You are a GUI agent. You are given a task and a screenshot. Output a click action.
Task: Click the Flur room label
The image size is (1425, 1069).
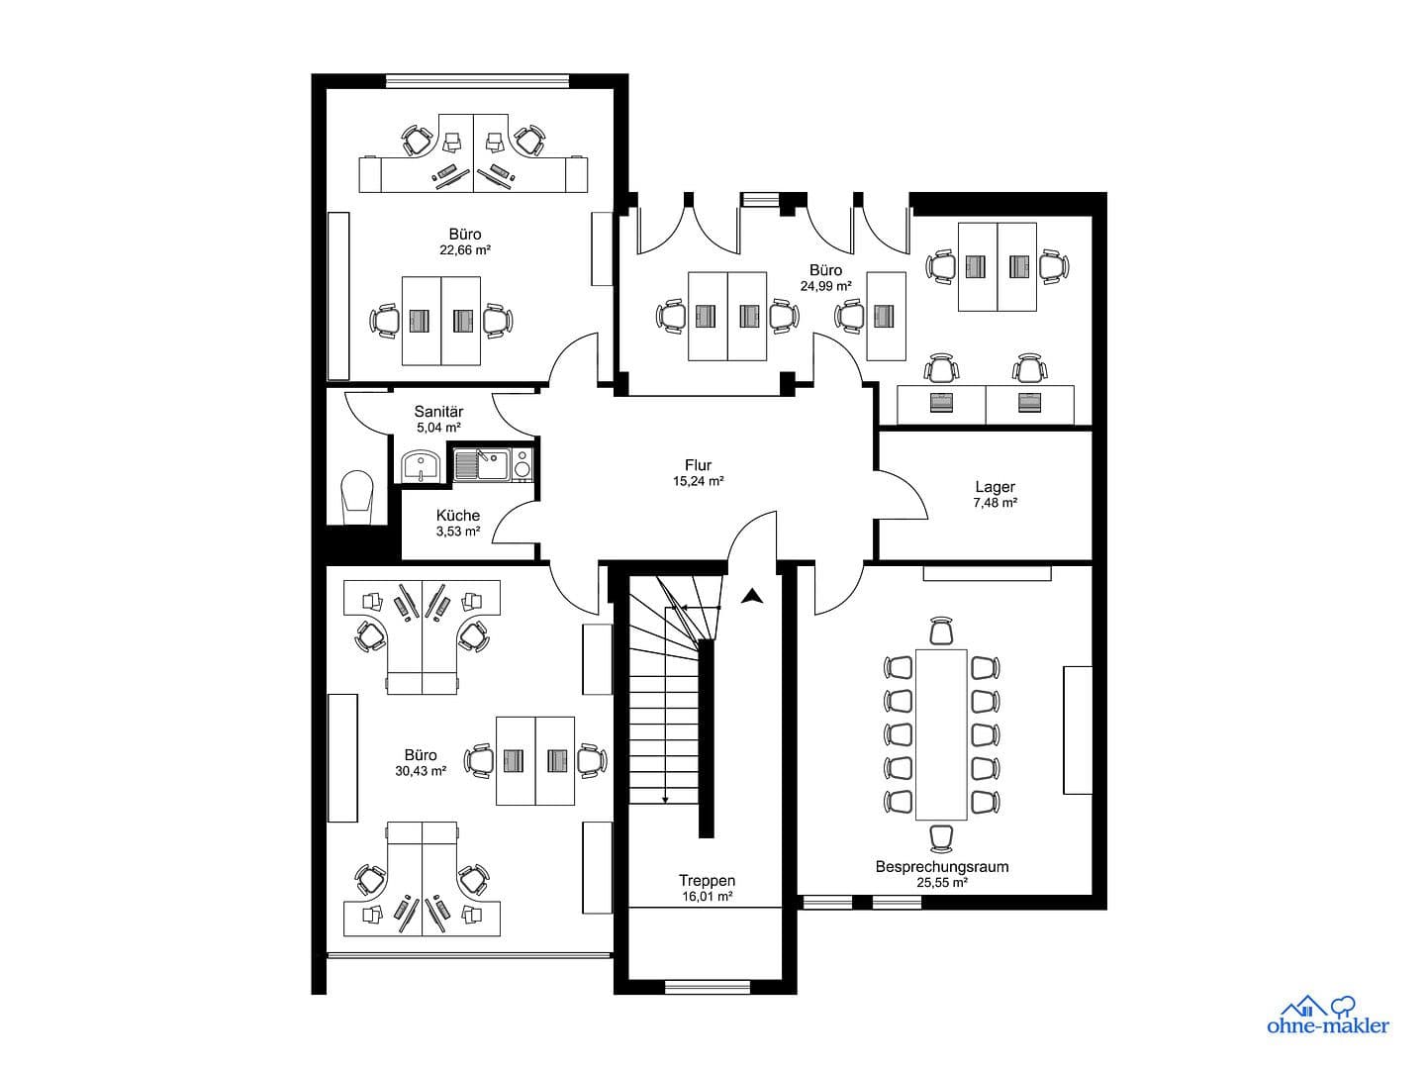pyautogui.click(x=698, y=465)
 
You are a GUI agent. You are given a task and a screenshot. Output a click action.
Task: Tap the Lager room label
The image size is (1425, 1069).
pyautogui.click(x=995, y=487)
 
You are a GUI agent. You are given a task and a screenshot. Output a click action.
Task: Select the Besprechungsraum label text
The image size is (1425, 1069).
pyautogui.click(x=941, y=866)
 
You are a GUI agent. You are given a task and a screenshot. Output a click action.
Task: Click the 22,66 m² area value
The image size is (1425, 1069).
pyautogui.click(x=465, y=250)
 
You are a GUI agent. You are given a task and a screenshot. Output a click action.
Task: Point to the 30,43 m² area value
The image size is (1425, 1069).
pyautogui.click(x=420, y=771)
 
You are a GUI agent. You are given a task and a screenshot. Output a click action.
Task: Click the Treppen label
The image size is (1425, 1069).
pyautogui.click(x=707, y=880)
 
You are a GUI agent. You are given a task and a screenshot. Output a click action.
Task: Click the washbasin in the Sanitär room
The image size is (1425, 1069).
pyautogui.click(x=422, y=465)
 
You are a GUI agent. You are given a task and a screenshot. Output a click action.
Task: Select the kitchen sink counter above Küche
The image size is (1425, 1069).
pyautogui.click(x=492, y=463)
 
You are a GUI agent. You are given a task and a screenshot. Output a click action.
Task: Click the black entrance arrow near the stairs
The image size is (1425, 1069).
pyautogui.click(x=753, y=596)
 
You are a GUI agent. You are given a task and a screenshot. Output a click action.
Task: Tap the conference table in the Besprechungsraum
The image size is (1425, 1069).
pyautogui.click(x=941, y=733)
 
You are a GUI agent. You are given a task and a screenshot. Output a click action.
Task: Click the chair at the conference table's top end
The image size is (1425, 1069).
pyautogui.click(x=941, y=631)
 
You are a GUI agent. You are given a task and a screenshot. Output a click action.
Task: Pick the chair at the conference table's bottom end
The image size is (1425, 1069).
pyautogui.click(x=941, y=837)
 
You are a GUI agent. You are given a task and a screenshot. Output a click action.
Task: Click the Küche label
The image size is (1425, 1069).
pyautogui.click(x=458, y=515)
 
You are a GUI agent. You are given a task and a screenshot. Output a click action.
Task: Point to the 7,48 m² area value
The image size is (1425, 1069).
pyautogui.click(x=995, y=503)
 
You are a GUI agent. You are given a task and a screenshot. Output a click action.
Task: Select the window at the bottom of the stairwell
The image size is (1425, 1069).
pyautogui.click(x=707, y=986)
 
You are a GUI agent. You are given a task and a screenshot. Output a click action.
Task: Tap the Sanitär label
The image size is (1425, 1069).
pyautogui.click(x=438, y=412)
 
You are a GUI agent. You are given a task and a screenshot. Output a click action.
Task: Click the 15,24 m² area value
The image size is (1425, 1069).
pyautogui.click(x=698, y=482)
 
